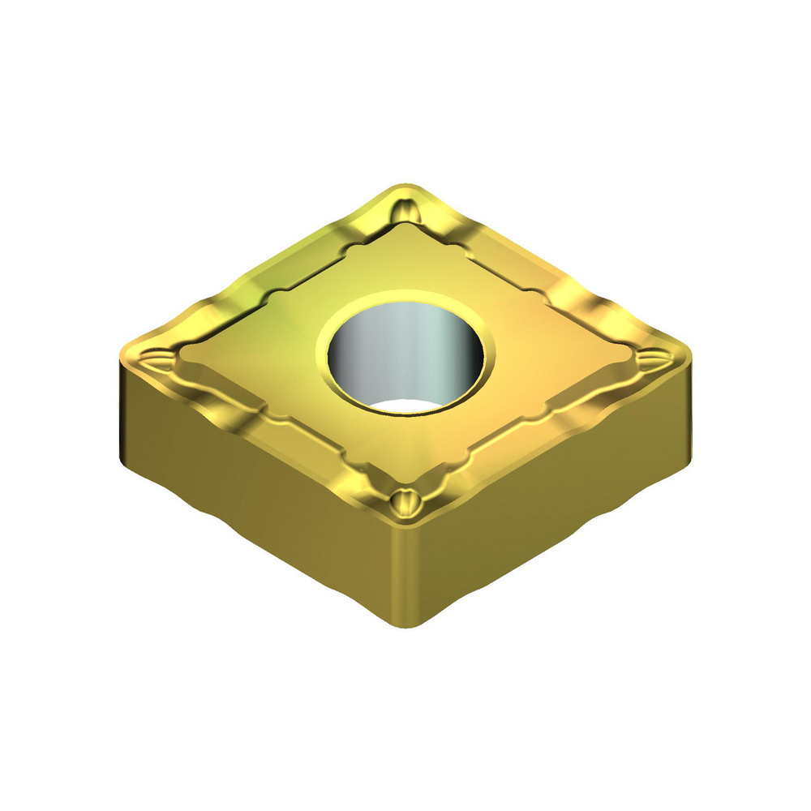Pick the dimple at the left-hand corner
coord(154,357)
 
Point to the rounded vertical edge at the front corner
coord(405,576)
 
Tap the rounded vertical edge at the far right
coord(688,405)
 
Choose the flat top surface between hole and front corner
coord(405,454)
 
